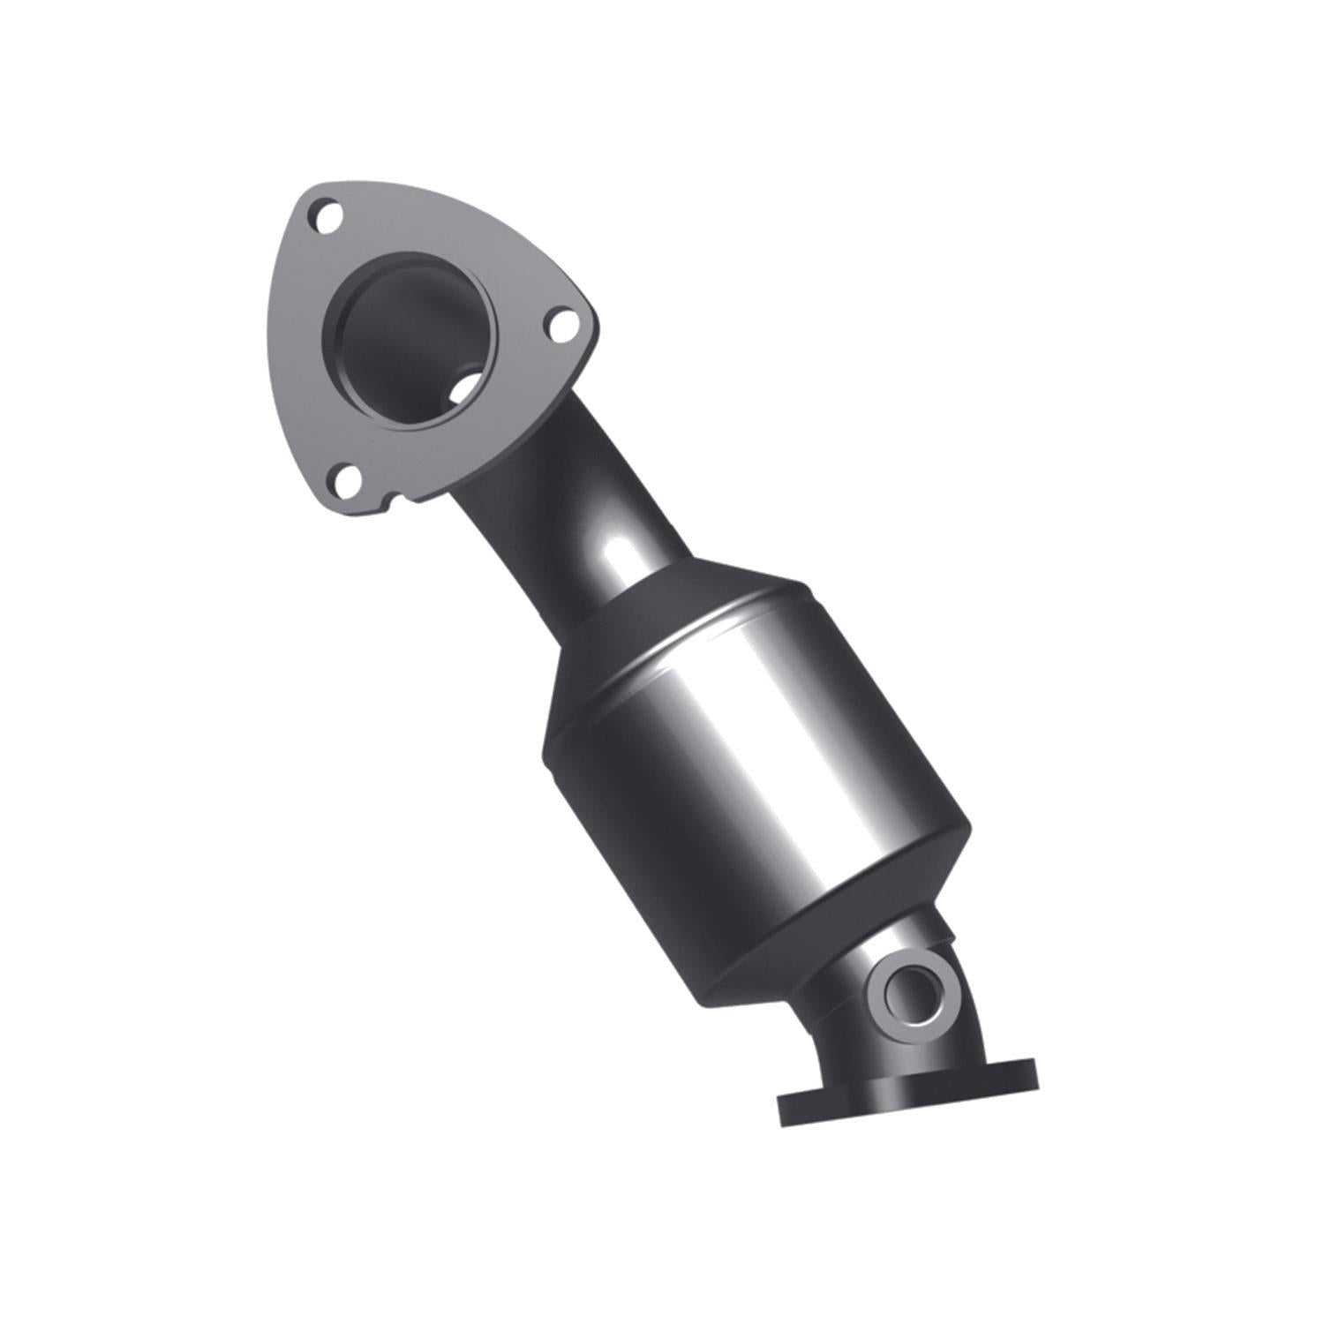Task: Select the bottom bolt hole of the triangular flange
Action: tap(344, 480)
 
